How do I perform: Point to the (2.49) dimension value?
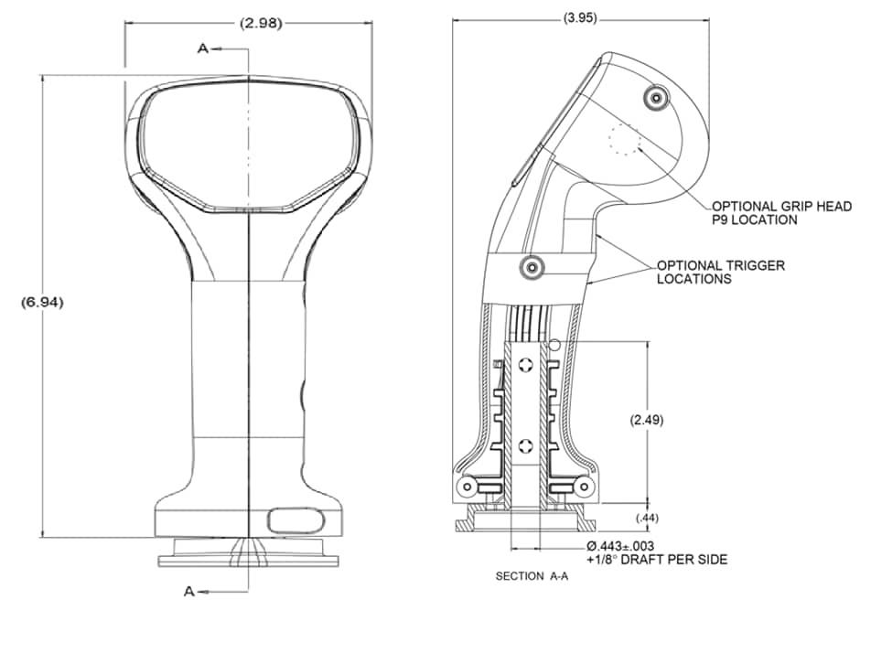647,420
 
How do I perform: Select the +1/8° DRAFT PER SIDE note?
657,559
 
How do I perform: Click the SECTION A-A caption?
532,577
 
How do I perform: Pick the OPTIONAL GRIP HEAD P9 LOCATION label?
781,212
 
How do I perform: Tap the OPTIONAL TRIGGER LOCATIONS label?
720,272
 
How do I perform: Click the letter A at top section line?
202,48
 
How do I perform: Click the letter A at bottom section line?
189,592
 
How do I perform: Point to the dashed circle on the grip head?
625,139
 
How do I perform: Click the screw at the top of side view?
654,98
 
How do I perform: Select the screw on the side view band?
532,268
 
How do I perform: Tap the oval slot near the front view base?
295,520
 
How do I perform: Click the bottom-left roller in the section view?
468,486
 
